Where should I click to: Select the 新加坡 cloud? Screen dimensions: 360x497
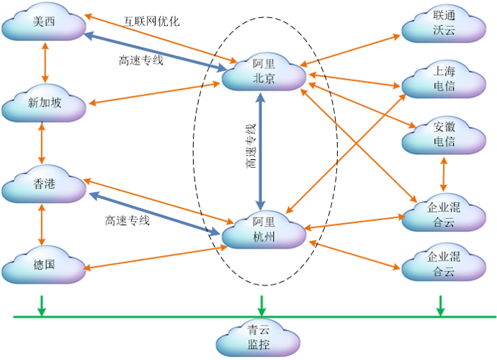tap(44, 104)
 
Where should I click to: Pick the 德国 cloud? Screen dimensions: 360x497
tap(44, 264)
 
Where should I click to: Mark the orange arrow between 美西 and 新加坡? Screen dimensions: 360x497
tap(45, 63)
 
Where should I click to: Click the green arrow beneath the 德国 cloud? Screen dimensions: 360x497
tap(42, 305)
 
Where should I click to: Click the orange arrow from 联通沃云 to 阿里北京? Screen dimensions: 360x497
tap(353, 49)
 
